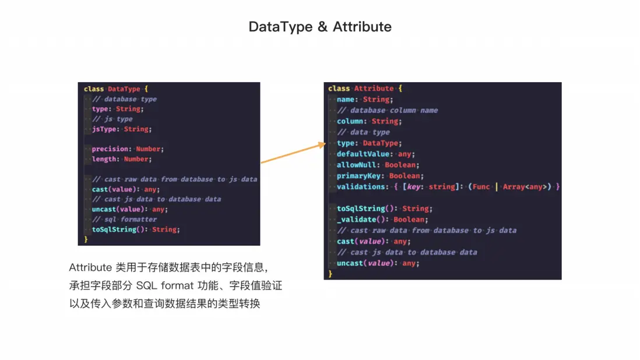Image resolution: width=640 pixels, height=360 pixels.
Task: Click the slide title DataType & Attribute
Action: tap(320, 27)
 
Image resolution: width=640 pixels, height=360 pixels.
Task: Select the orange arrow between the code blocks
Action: tap(293, 153)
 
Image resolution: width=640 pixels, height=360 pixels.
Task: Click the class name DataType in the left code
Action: tap(124, 89)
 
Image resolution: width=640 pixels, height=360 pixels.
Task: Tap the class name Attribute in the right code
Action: tap(374, 89)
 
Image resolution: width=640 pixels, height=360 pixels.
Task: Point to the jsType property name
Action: tap(104, 129)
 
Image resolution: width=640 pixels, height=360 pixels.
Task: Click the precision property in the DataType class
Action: tap(110, 149)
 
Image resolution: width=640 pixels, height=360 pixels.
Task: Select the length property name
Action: tap(104, 159)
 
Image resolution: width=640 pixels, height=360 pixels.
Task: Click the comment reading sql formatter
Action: tap(125, 220)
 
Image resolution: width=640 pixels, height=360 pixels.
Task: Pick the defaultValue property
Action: tap(363, 154)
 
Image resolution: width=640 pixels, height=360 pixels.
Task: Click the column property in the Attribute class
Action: tap(350, 121)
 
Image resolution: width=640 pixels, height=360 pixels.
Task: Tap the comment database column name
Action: tap(388, 111)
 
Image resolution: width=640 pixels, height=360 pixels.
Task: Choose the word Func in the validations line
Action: tap(481, 187)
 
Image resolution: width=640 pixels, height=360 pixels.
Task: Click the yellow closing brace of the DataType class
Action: tap(86, 239)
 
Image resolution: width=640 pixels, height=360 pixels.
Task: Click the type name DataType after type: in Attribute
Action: tap(381, 143)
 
